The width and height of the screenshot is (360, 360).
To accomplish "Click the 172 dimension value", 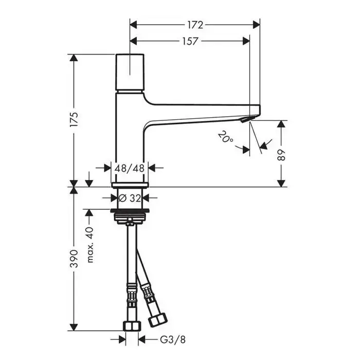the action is [x=195, y=25].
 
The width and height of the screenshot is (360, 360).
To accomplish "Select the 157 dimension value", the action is [x=190, y=41].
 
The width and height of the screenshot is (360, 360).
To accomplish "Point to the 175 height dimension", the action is [x=75, y=119].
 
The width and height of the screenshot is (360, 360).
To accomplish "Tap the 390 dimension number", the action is [x=74, y=259].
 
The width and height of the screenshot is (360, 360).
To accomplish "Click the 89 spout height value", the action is [x=281, y=155].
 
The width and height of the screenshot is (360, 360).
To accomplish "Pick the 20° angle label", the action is [x=225, y=136].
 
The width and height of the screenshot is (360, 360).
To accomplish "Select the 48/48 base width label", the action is [x=130, y=169].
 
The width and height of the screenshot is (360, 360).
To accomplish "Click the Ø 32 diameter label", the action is [x=130, y=197].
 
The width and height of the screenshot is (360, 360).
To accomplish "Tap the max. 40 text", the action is [x=90, y=245].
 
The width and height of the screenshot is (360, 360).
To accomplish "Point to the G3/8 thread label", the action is [x=172, y=339].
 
